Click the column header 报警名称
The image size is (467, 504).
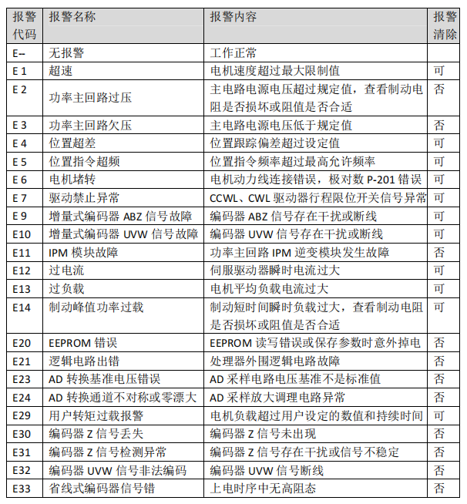pos(72,17)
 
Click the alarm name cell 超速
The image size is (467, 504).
pos(61,71)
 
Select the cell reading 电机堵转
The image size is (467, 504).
pos(72,180)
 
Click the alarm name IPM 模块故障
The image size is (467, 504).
pos(84,252)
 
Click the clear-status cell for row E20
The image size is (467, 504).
pos(439,343)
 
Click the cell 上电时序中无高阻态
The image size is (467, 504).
pos(263,488)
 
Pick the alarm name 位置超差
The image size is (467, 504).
pos(72,143)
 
